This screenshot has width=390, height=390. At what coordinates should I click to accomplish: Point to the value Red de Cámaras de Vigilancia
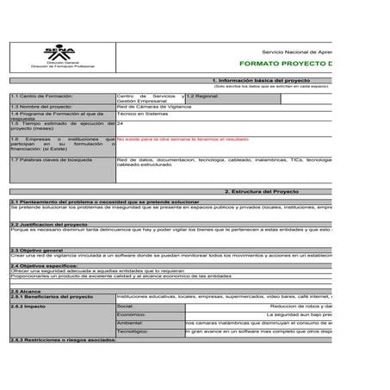coord(155,106)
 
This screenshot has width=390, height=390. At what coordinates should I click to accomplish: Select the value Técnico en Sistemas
coord(142,114)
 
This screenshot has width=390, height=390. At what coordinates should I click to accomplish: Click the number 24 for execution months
coord(120,123)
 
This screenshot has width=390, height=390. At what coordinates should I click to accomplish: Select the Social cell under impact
coord(126,306)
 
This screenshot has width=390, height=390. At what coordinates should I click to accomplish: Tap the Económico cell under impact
coord(130,314)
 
